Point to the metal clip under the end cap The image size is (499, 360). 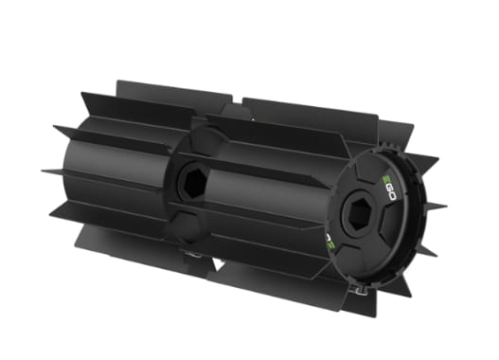359,285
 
